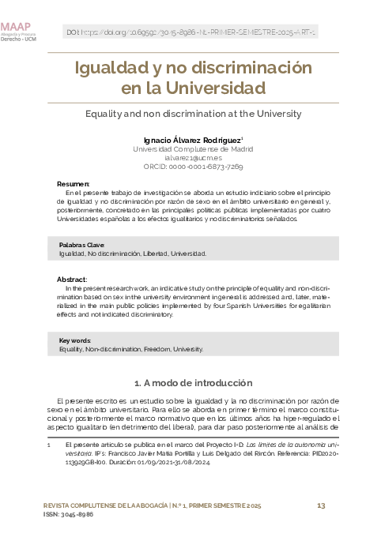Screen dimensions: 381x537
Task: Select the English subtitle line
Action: click(x=193, y=113)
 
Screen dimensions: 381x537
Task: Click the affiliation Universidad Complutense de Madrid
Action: click(x=193, y=148)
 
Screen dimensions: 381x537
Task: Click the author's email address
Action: click(x=193, y=157)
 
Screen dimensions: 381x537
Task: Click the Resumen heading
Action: click(x=74, y=183)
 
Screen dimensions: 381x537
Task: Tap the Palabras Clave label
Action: click(x=82, y=246)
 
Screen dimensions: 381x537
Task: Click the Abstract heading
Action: click(x=72, y=280)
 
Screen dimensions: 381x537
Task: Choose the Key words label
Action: click(x=75, y=340)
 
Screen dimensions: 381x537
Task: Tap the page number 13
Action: click(x=321, y=505)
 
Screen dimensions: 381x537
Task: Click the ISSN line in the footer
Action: click(x=68, y=514)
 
